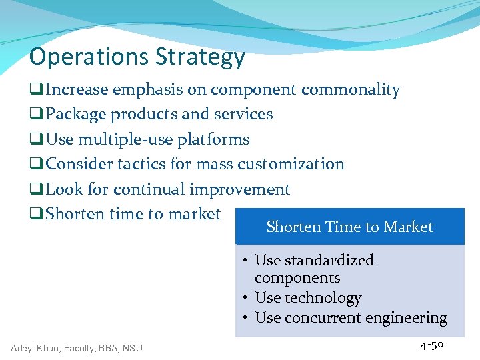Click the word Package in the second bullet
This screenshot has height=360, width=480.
click(75, 115)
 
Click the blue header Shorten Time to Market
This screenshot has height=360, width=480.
click(349, 227)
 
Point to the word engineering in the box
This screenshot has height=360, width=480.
click(405, 318)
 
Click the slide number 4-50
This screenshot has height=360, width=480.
click(432, 345)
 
